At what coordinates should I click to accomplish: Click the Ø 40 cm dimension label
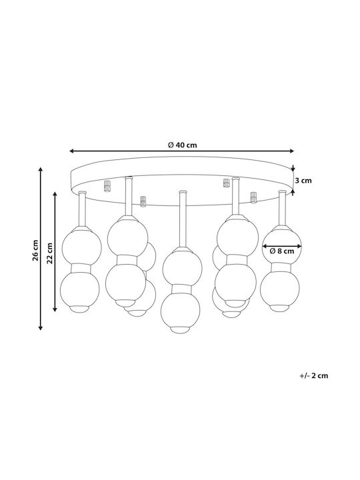[183, 145]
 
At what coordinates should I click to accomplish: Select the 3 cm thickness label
[303, 181]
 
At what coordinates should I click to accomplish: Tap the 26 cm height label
[35, 250]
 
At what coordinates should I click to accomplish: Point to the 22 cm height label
[50, 253]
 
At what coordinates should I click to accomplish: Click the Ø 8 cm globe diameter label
[281, 251]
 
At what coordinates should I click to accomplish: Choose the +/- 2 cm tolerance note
[314, 375]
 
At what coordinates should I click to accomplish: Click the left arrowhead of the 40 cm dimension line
[72, 151]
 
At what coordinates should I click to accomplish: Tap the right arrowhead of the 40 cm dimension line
[291, 151]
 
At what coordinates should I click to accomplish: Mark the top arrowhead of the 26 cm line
[40, 169]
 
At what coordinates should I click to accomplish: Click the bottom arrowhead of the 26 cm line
[40, 327]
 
